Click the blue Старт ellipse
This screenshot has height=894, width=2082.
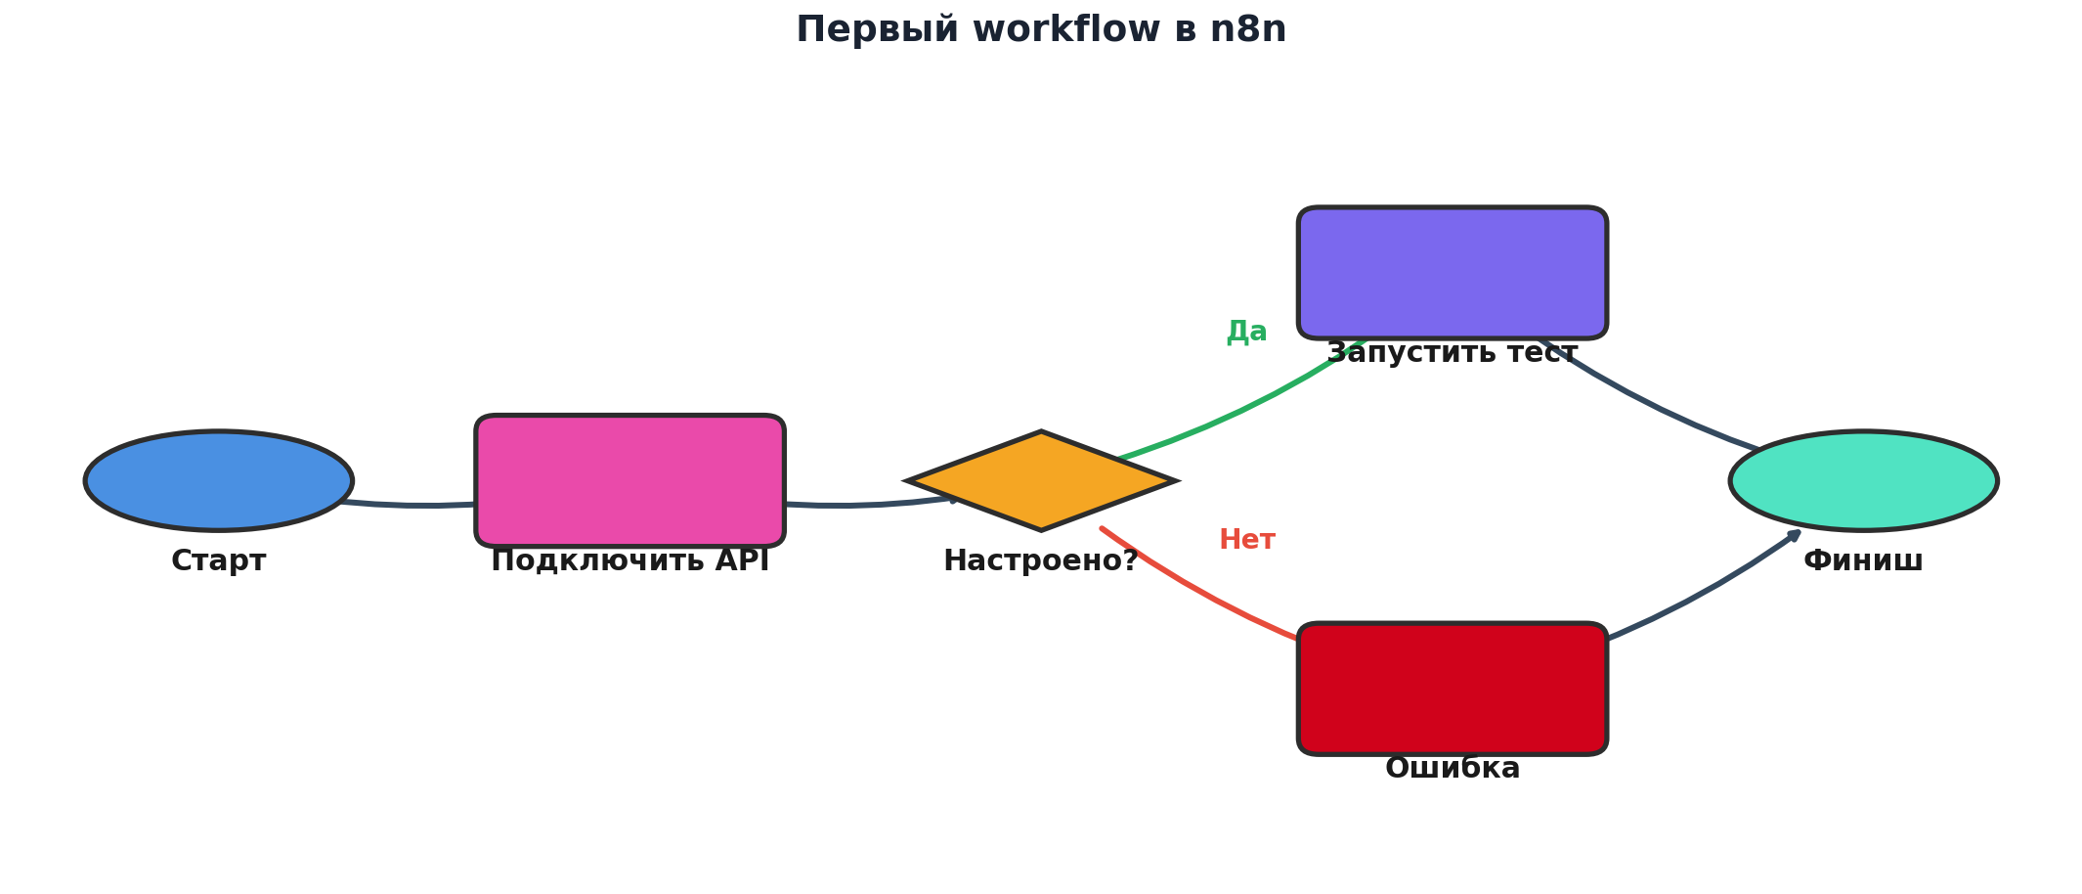tap(219, 480)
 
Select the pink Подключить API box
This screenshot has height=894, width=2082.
tap(629, 480)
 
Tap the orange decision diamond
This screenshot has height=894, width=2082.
tap(1042, 480)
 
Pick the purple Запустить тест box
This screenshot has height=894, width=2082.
tap(1453, 272)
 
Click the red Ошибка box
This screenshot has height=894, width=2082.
tap(1453, 688)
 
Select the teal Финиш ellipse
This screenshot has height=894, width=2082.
tap(1863, 480)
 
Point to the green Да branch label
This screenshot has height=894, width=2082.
tap(1246, 332)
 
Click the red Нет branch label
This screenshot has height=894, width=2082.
tap(1246, 540)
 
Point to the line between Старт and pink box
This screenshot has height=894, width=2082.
tap(420, 505)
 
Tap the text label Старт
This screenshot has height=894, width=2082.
tap(219, 561)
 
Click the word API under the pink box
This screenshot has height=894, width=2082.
tap(742, 561)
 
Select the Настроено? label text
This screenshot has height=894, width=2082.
tap(1041, 561)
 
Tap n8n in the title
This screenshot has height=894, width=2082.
tap(1248, 29)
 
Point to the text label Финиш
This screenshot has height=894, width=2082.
tap(1863, 561)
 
